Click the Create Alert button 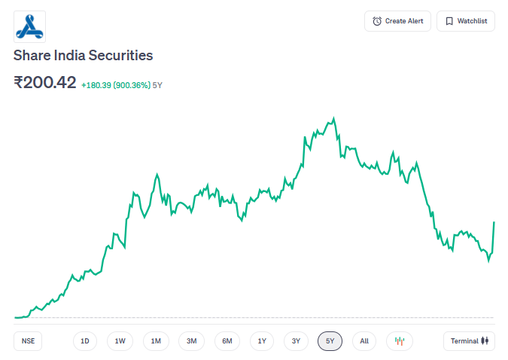pos(397,21)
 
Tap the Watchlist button pos(466,21)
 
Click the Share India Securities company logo pos(30,26)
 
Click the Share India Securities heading pos(83,56)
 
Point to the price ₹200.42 pos(45,82)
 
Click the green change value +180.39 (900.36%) pos(116,85)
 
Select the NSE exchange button pos(28,341)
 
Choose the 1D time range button pos(85,341)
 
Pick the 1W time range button pos(120,341)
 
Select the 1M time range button pos(156,341)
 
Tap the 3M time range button pos(191,341)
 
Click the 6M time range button pos(227,341)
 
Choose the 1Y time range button pos(262,341)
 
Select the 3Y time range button pos(297,341)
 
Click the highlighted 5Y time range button pos(330,341)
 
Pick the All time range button pos(364,341)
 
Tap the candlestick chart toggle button pos(400,341)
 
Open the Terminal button pos(469,341)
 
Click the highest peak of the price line pos(333,118)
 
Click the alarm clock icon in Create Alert pos(377,21)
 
